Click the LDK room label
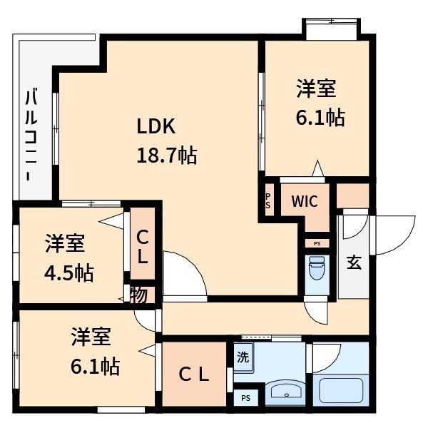pyautogui.click(x=156, y=126)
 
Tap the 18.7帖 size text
pyautogui.click(x=167, y=154)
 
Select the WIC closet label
pyautogui.click(x=305, y=201)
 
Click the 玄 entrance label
pyautogui.click(x=354, y=262)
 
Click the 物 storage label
pyautogui.click(x=138, y=295)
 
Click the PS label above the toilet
pyautogui.click(x=316, y=243)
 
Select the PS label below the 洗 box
pyautogui.click(x=245, y=398)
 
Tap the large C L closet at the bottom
pyautogui.click(x=193, y=374)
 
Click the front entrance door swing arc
pyautogui.click(x=394, y=235)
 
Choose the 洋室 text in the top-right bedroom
pyautogui.click(x=316, y=89)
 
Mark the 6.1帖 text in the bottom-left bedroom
pyautogui.click(x=95, y=367)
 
